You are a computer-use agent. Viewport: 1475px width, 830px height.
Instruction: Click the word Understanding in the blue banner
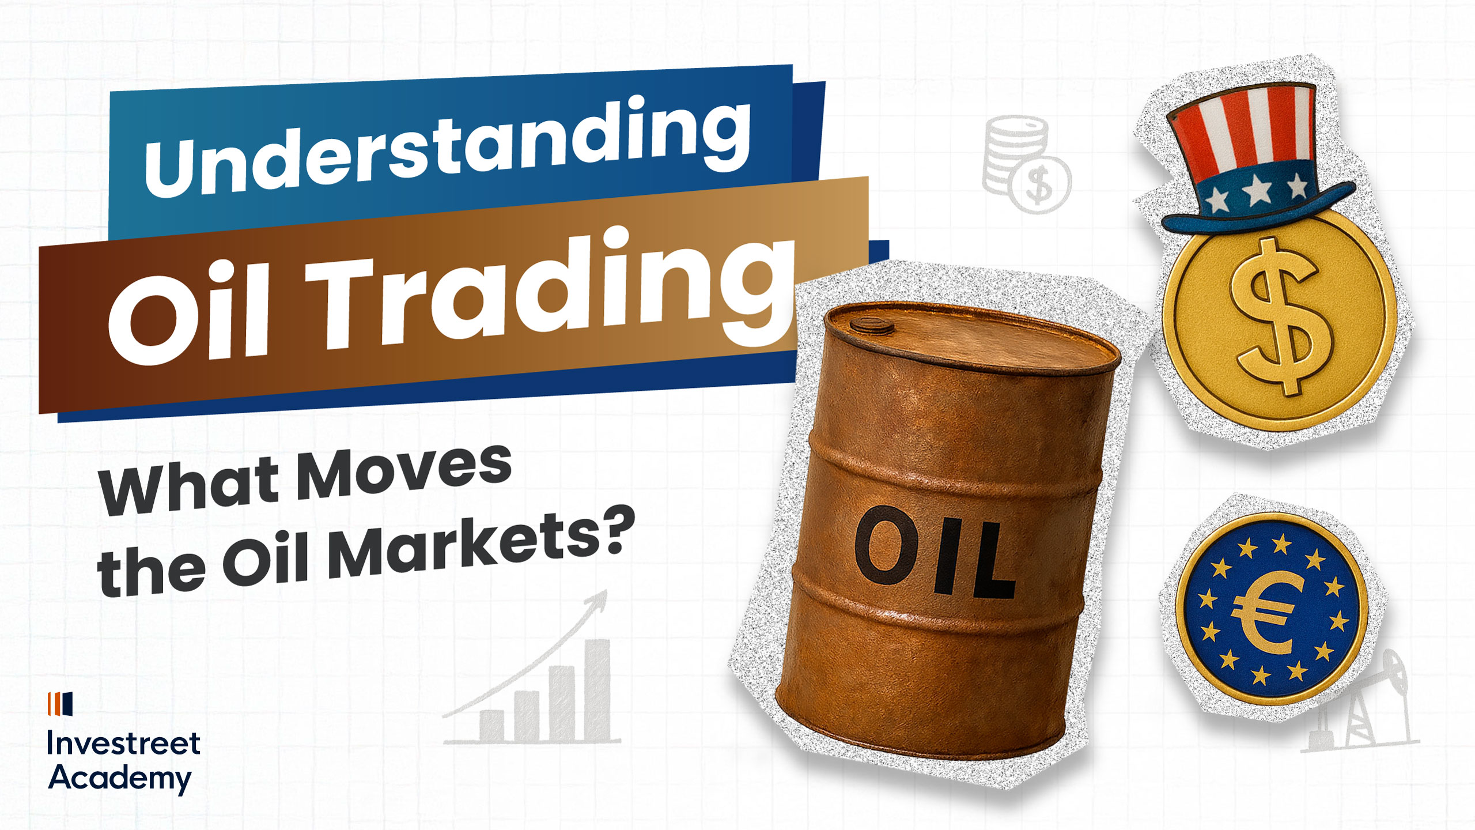click(x=447, y=149)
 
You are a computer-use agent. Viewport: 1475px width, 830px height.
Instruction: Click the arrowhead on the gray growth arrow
click(x=599, y=599)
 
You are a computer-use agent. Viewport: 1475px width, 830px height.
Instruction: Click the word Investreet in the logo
click(x=123, y=744)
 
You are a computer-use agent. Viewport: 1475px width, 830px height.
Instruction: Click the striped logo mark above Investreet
click(x=60, y=703)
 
